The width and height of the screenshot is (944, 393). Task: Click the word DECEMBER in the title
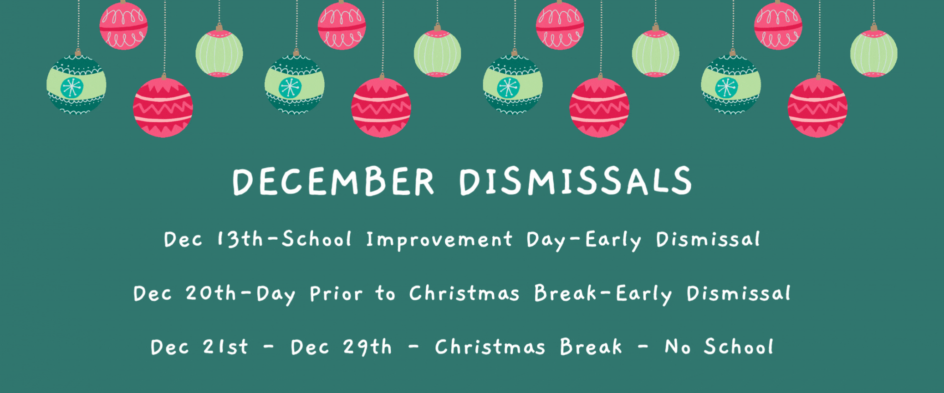(333, 181)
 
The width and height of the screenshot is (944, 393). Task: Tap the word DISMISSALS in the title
(576, 181)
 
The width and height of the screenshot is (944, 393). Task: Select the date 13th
(240, 239)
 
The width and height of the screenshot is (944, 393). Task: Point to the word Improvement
(439, 240)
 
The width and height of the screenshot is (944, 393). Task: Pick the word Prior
(336, 294)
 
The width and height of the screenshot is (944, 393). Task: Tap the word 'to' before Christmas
(385, 294)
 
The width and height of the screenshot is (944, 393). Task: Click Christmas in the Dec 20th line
(464, 293)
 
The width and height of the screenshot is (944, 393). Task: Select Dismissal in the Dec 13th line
(708, 239)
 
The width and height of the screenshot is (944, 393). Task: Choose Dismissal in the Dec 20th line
(739, 293)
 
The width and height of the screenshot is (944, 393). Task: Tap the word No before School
(678, 347)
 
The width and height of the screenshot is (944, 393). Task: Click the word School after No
(739, 347)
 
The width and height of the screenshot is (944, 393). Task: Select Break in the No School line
(591, 347)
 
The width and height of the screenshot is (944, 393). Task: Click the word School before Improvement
(316, 239)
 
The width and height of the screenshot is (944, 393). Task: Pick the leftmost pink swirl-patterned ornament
(123, 25)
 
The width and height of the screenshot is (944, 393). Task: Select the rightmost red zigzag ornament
(817, 107)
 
